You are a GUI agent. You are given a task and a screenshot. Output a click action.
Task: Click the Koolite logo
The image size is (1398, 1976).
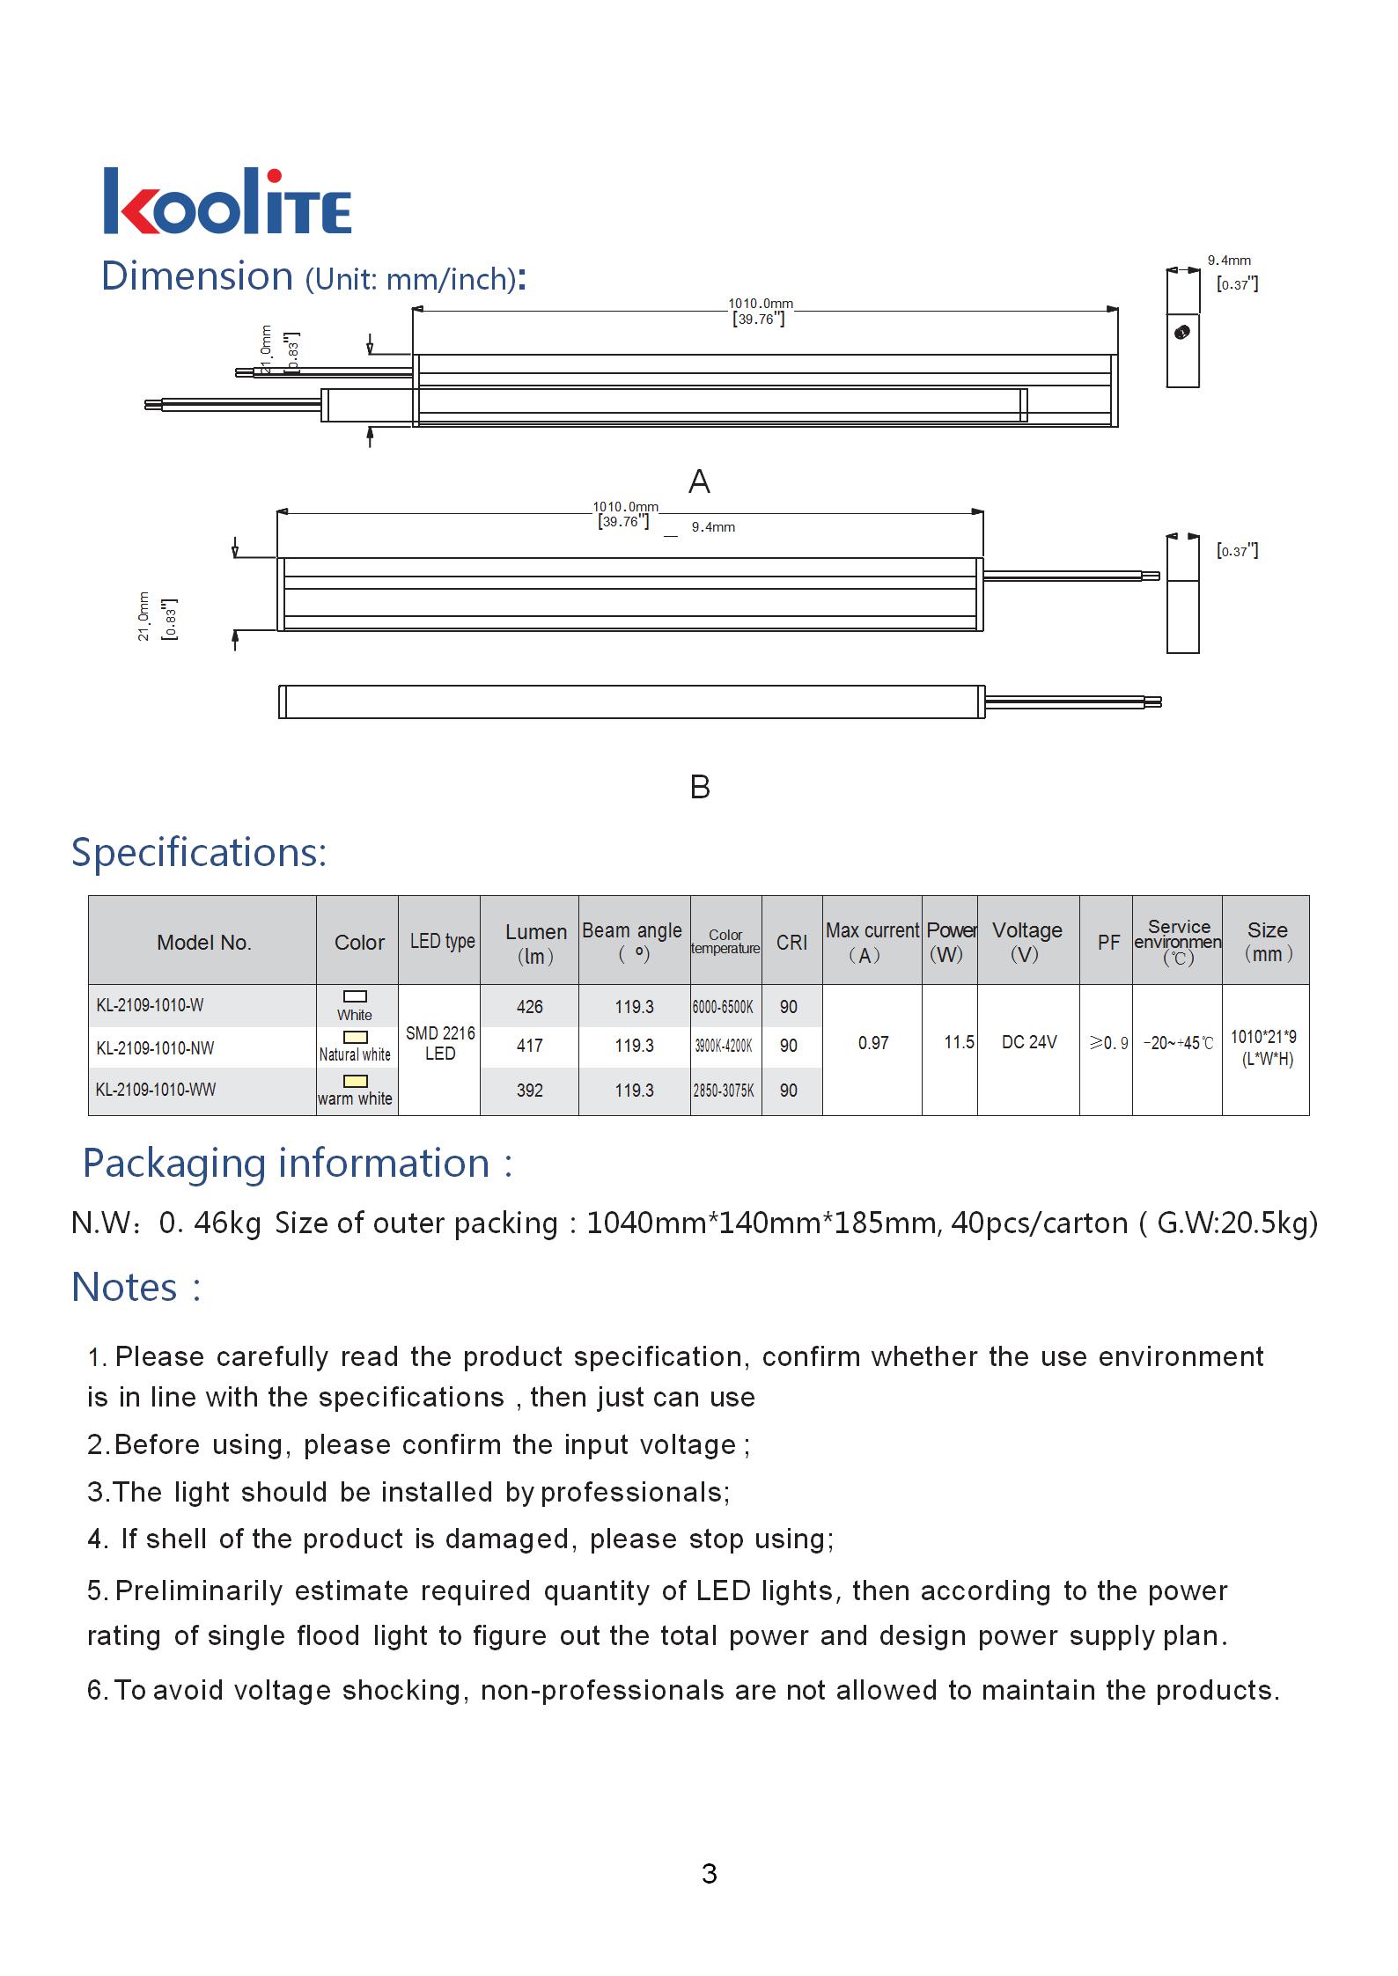pos(227,202)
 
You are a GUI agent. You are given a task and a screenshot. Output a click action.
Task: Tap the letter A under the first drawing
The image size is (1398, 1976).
pos(699,481)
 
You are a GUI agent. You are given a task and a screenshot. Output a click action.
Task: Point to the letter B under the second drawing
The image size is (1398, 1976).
pos(700,786)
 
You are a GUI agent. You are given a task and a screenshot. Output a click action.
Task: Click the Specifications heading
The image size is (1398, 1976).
pos(199,852)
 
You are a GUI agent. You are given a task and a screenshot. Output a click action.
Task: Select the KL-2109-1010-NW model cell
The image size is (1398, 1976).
pos(155,1048)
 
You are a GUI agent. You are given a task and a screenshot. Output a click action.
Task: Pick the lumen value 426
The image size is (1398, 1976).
pos(529,1007)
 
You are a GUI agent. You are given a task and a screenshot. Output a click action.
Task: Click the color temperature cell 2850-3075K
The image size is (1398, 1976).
pos(724,1091)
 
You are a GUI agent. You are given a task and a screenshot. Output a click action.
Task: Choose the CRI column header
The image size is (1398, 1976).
pos(791,943)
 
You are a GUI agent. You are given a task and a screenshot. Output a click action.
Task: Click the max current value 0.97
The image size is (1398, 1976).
pos(873,1043)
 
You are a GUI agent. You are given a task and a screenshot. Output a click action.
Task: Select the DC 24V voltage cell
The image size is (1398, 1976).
pos(1029,1042)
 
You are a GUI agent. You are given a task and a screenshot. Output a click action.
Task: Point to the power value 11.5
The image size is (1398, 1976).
pos(959,1042)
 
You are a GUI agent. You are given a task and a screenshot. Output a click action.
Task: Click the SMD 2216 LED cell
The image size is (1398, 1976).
pos(440,1043)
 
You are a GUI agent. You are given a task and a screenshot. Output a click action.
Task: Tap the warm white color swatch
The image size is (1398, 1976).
pos(356,1081)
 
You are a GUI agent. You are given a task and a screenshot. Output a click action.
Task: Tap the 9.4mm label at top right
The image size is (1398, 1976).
pos(1229,261)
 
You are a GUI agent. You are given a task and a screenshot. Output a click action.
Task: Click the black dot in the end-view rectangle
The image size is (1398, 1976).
pos(1183,332)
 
